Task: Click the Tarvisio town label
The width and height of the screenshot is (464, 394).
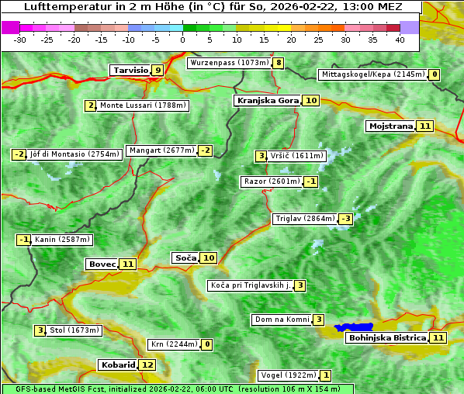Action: (x=130, y=70)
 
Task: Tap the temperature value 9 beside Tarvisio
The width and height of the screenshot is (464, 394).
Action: (x=158, y=70)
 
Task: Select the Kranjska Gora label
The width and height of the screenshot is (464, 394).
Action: (x=267, y=100)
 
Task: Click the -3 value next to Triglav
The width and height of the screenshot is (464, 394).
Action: (x=345, y=219)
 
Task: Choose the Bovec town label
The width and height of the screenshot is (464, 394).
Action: (x=102, y=264)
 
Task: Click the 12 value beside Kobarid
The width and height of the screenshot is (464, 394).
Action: (x=147, y=365)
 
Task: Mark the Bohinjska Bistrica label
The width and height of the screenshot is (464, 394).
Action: (x=386, y=337)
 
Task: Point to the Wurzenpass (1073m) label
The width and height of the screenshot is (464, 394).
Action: (x=230, y=62)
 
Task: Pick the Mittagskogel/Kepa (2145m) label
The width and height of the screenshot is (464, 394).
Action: (x=372, y=74)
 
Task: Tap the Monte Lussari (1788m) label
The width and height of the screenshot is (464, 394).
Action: (x=143, y=105)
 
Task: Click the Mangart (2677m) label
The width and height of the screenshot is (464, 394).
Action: (x=161, y=150)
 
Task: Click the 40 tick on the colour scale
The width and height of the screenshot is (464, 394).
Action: (x=400, y=40)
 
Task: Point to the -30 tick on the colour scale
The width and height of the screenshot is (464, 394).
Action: (x=20, y=40)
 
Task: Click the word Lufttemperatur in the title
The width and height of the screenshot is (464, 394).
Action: (x=45, y=6)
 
